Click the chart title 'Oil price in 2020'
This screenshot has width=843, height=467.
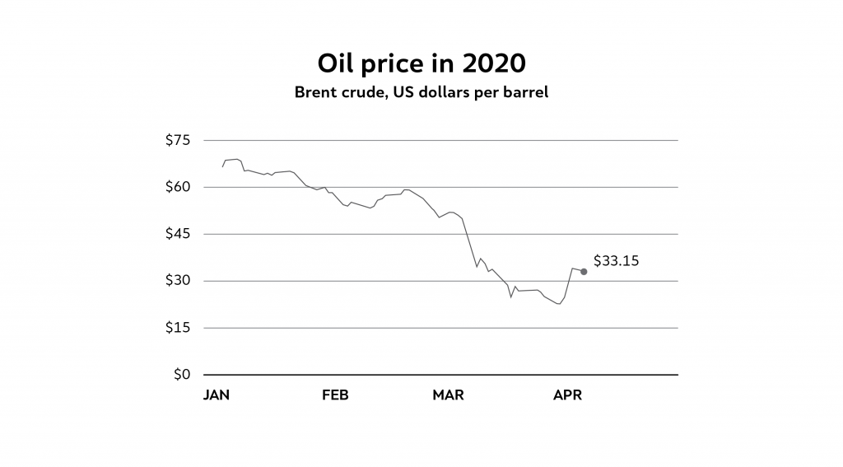coord(421,63)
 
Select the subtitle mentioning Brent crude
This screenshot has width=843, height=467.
coord(421,92)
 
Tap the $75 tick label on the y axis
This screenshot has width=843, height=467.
coord(178,140)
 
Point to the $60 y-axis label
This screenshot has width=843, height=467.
coord(178,187)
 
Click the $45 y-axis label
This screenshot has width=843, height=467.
coord(178,234)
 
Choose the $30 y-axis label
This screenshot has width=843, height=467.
coord(178,281)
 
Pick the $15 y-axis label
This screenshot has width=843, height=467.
coord(178,328)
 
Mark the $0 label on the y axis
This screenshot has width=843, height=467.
coord(182,375)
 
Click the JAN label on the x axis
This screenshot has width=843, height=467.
coord(217,395)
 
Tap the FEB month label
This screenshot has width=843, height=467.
coord(335,395)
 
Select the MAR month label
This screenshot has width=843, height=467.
coord(448,395)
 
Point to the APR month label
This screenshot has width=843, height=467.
coord(568,395)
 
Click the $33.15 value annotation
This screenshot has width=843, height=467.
coord(616,261)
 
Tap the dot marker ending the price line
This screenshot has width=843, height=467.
coord(584,271)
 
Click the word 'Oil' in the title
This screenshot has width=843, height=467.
coord(334,63)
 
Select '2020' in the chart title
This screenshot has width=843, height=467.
coord(496,63)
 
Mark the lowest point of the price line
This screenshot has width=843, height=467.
coord(559,304)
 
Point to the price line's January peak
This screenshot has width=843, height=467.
coord(236,159)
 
